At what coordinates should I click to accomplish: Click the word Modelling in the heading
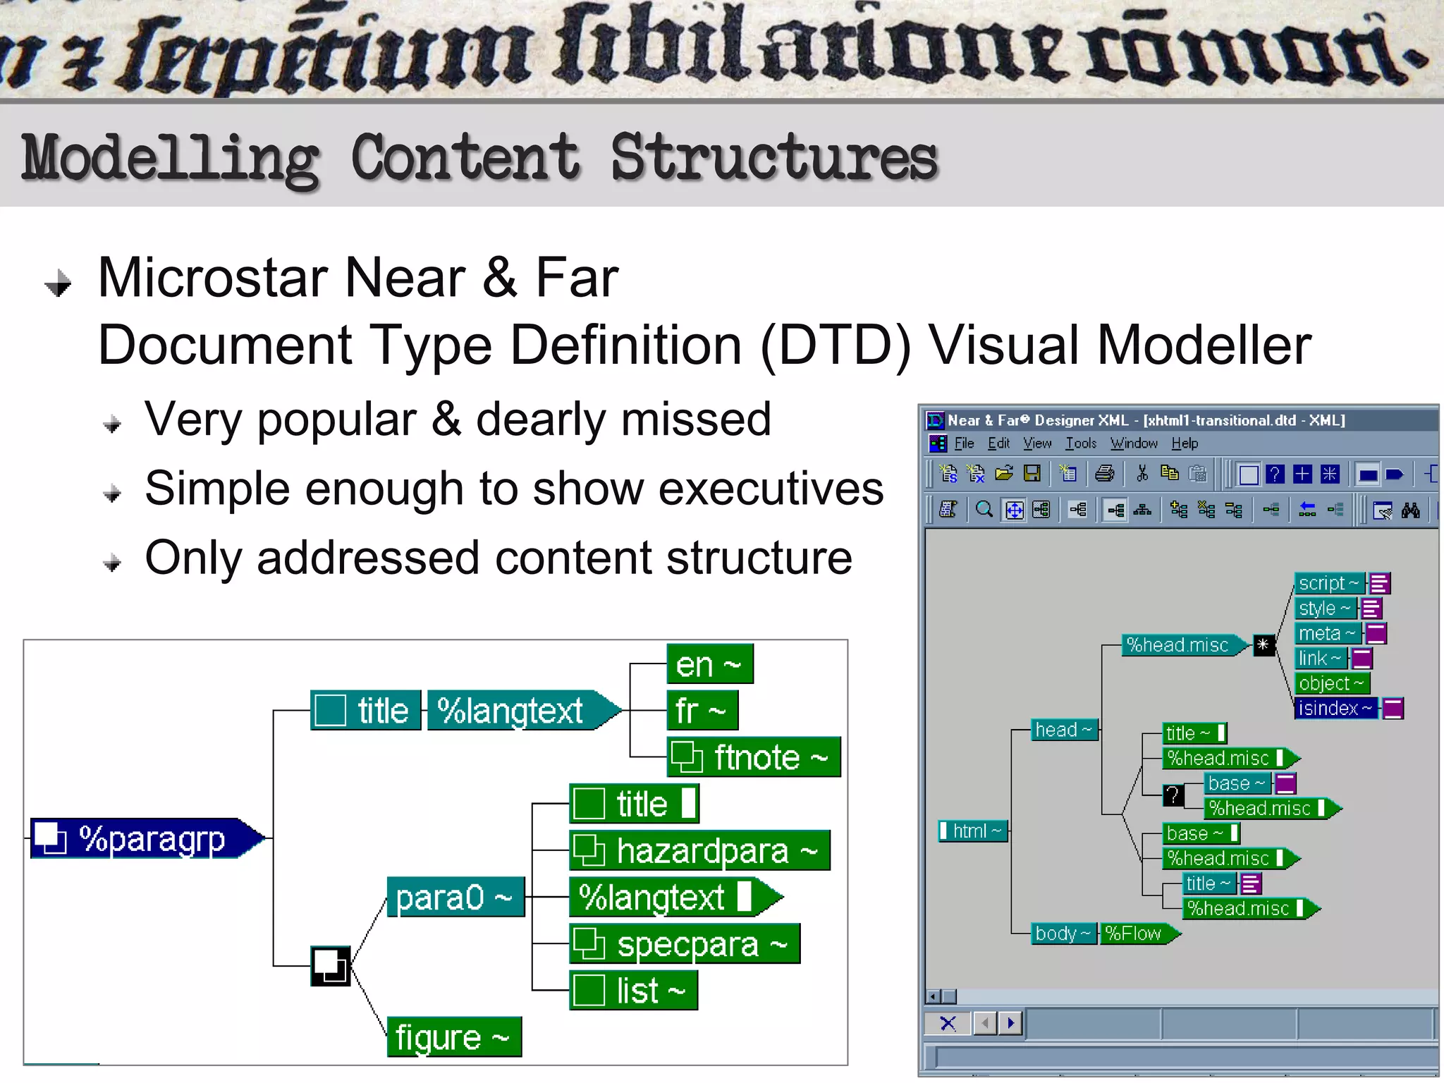click(169, 159)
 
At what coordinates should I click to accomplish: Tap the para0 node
click(455, 898)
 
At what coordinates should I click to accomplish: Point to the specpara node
click(685, 944)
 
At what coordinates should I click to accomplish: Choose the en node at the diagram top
click(709, 664)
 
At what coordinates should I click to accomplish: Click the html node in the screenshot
click(975, 831)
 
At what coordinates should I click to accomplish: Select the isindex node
click(1335, 708)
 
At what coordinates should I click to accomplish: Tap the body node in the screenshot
click(1062, 934)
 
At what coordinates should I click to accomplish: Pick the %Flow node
click(1135, 934)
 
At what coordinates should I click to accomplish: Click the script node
click(1328, 583)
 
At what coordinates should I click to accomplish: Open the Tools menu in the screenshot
click(1080, 443)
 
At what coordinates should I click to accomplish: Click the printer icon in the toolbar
click(1104, 474)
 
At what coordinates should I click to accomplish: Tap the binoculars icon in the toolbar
click(1410, 510)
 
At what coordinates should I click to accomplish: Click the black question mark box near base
click(1173, 795)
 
